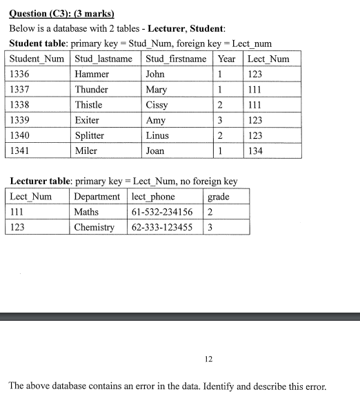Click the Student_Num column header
tap(39, 59)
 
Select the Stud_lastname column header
tap(103, 59)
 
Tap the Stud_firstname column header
tap(176, 59)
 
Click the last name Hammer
tap(92, 74)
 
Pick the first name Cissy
tap(157, 105)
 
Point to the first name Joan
tap(156, 150)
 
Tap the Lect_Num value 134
tap(255, 150)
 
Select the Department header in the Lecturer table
tap(97, 197)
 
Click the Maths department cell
tap(86, 212)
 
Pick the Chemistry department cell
tap(94, 227)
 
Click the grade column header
tap(218, 197)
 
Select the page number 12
tap(209, 359)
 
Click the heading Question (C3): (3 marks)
tap(61, 14)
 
